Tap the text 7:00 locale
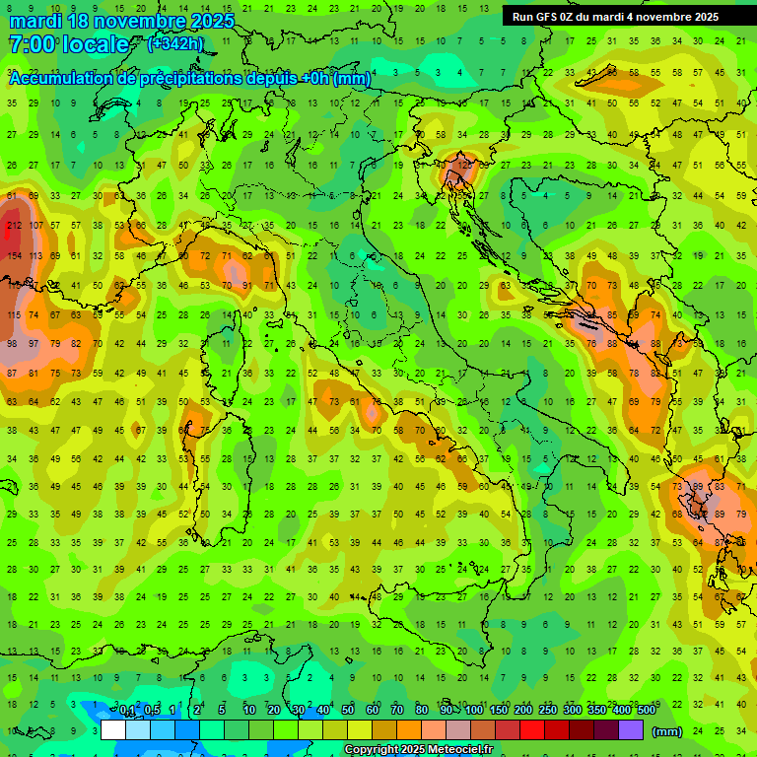point(68,44)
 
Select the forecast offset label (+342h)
point(175,43)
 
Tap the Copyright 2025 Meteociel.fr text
point(418,749)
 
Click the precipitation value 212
point(13,227)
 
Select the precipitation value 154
point(13,256)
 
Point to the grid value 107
point(35,227)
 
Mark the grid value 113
point(35,256)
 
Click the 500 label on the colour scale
point(646,711)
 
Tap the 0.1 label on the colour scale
point(127,711)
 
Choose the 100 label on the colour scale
point(473,711)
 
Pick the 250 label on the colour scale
point(547,711)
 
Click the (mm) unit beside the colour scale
point(667,731)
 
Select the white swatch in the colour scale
point(113,730)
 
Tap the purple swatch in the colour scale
point(631,730)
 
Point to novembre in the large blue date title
point(140,21)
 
